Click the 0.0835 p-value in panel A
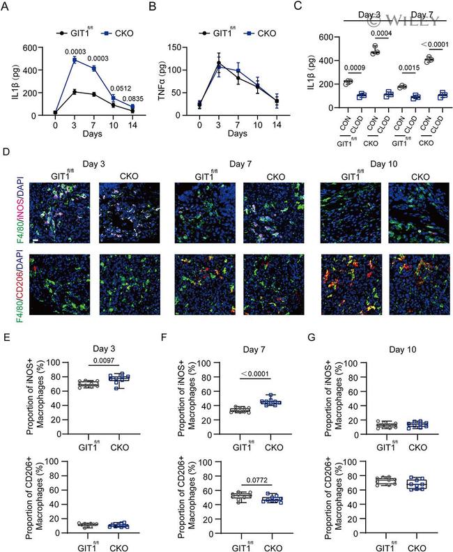coord(128,99)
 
